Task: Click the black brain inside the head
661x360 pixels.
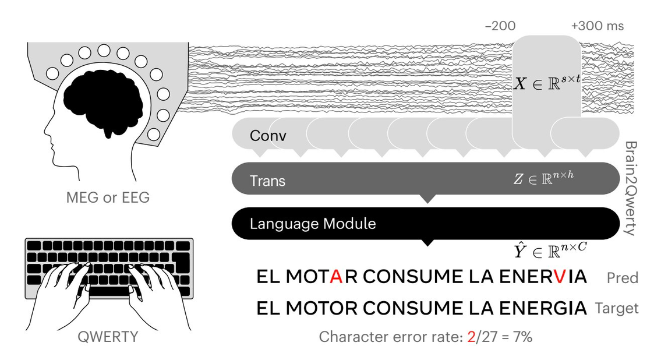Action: [103, 101]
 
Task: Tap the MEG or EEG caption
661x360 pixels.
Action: [108, 197]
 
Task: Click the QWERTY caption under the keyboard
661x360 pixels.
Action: [108, 337]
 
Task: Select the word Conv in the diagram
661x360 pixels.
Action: [268, 136]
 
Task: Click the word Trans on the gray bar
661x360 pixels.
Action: [268, 181]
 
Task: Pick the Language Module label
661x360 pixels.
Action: [313, 224]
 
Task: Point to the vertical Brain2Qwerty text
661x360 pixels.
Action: [631, 188]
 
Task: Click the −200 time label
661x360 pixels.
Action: [500, 26]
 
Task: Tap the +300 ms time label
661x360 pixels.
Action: [598, 26]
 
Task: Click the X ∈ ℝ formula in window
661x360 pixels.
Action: [547, 82]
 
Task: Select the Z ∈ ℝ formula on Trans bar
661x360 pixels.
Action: [544, 178]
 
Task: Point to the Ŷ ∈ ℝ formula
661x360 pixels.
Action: [550, 250]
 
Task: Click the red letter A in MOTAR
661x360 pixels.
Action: [337, 277]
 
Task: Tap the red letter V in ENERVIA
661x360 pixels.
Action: [560, 277]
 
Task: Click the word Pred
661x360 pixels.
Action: [623, 278]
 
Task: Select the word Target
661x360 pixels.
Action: [617, 308]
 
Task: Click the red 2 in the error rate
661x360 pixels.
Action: [471, 337]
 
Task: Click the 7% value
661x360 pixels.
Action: [523, 337]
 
